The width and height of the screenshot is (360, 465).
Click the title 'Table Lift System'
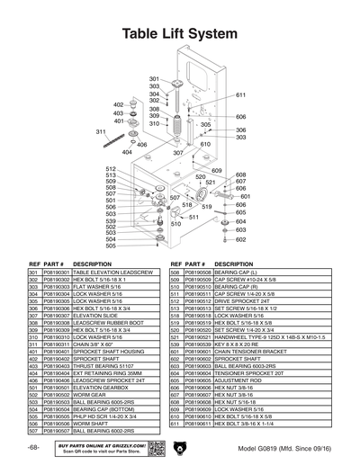click(x=180, y=33)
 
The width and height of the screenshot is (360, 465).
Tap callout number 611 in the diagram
click(x=241, y=94)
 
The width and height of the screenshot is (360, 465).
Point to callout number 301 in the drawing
click(x=154, y=79)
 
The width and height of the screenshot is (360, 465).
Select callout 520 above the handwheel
click(x=201, y=177)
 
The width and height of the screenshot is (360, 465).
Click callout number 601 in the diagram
click(x=245, y=196)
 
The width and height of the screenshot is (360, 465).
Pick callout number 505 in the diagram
click(x=111, y=246)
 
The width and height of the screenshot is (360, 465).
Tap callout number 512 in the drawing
click(x=111, y=169)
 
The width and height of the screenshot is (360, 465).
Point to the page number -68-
click(x=33, y=447)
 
